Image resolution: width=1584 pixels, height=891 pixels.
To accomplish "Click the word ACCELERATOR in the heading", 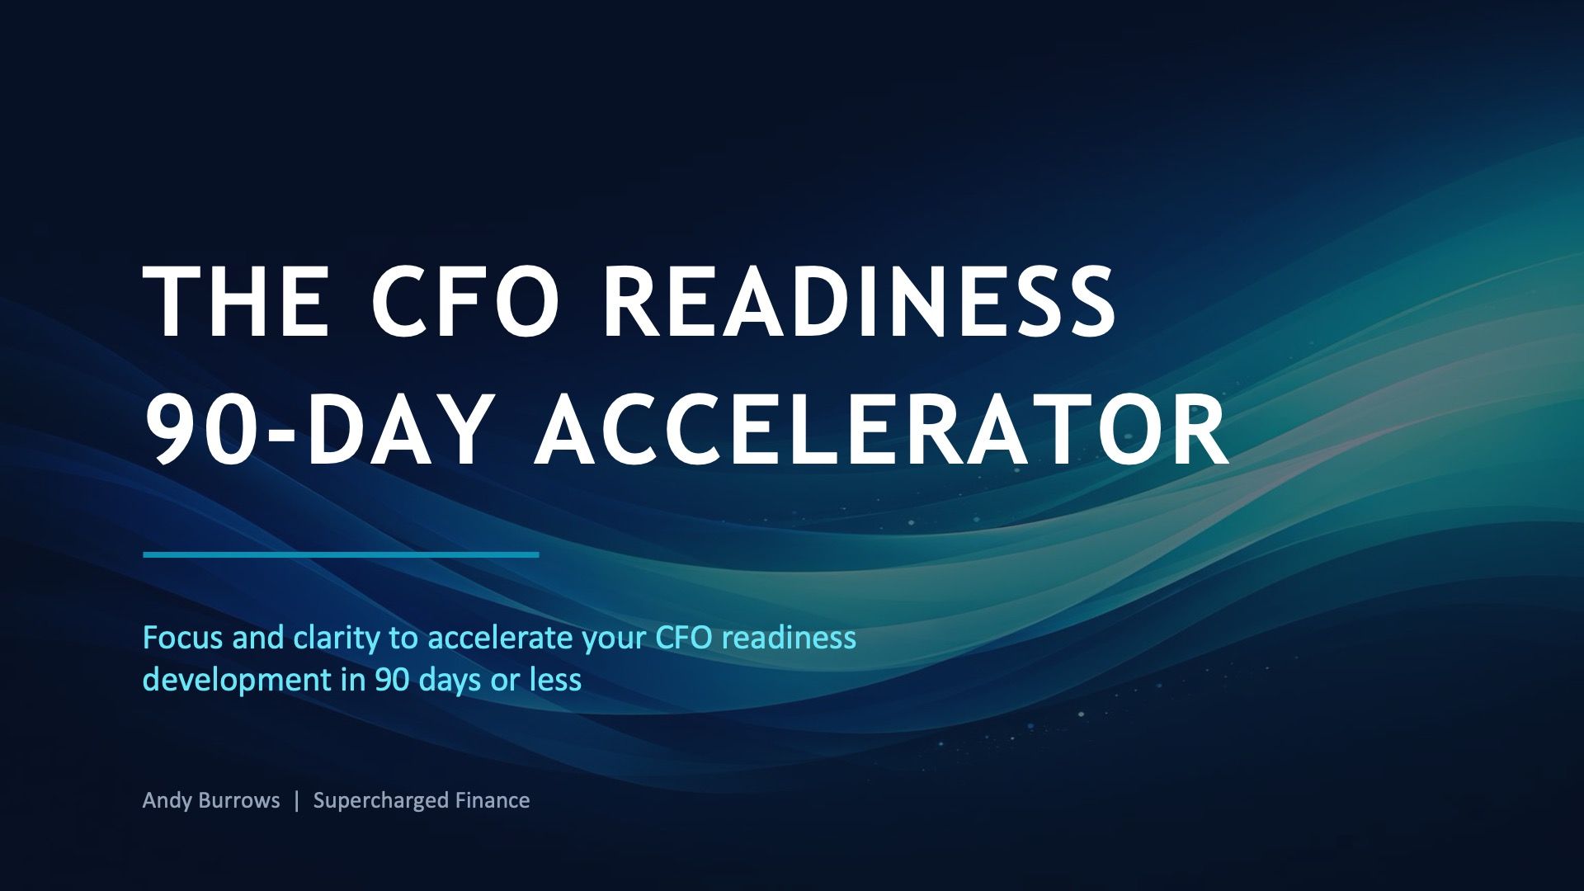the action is [x=882, y=430].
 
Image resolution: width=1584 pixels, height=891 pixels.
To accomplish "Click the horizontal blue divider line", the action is [x=341, y=554].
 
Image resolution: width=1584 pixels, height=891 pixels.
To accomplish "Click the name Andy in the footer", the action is [x=167, y=801].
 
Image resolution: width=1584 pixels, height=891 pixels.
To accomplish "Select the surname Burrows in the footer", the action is [x=240, y=800].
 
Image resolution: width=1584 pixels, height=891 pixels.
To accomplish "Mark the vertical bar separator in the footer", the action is [x=297, y=800].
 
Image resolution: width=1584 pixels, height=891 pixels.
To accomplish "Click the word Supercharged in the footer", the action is [x=381, y=801].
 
